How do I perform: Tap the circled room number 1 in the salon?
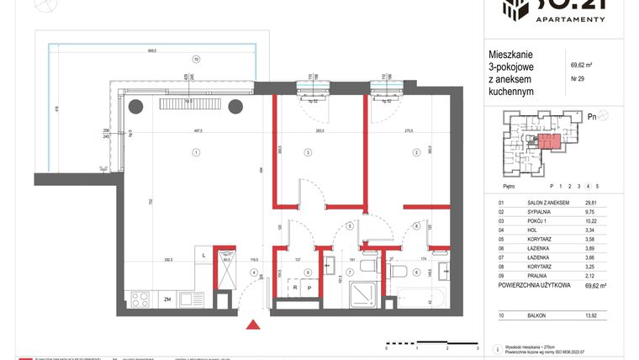[x=195, y=152]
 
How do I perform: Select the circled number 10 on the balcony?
[x=195, y=60]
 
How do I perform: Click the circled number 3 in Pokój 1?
[x=308, y=152]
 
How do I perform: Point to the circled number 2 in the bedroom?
[x=415, y=152]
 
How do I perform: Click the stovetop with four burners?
[x=140, y=299]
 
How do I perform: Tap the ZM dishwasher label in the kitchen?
[x=168, y=299]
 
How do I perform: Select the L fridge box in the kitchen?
[x=204, y=256]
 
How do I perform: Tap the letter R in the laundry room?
[x=295, y=289]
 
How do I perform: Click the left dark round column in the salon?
[x=135, y=105]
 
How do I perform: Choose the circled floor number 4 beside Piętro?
[x=589, y=185]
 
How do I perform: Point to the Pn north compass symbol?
[x=594, y=118]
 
